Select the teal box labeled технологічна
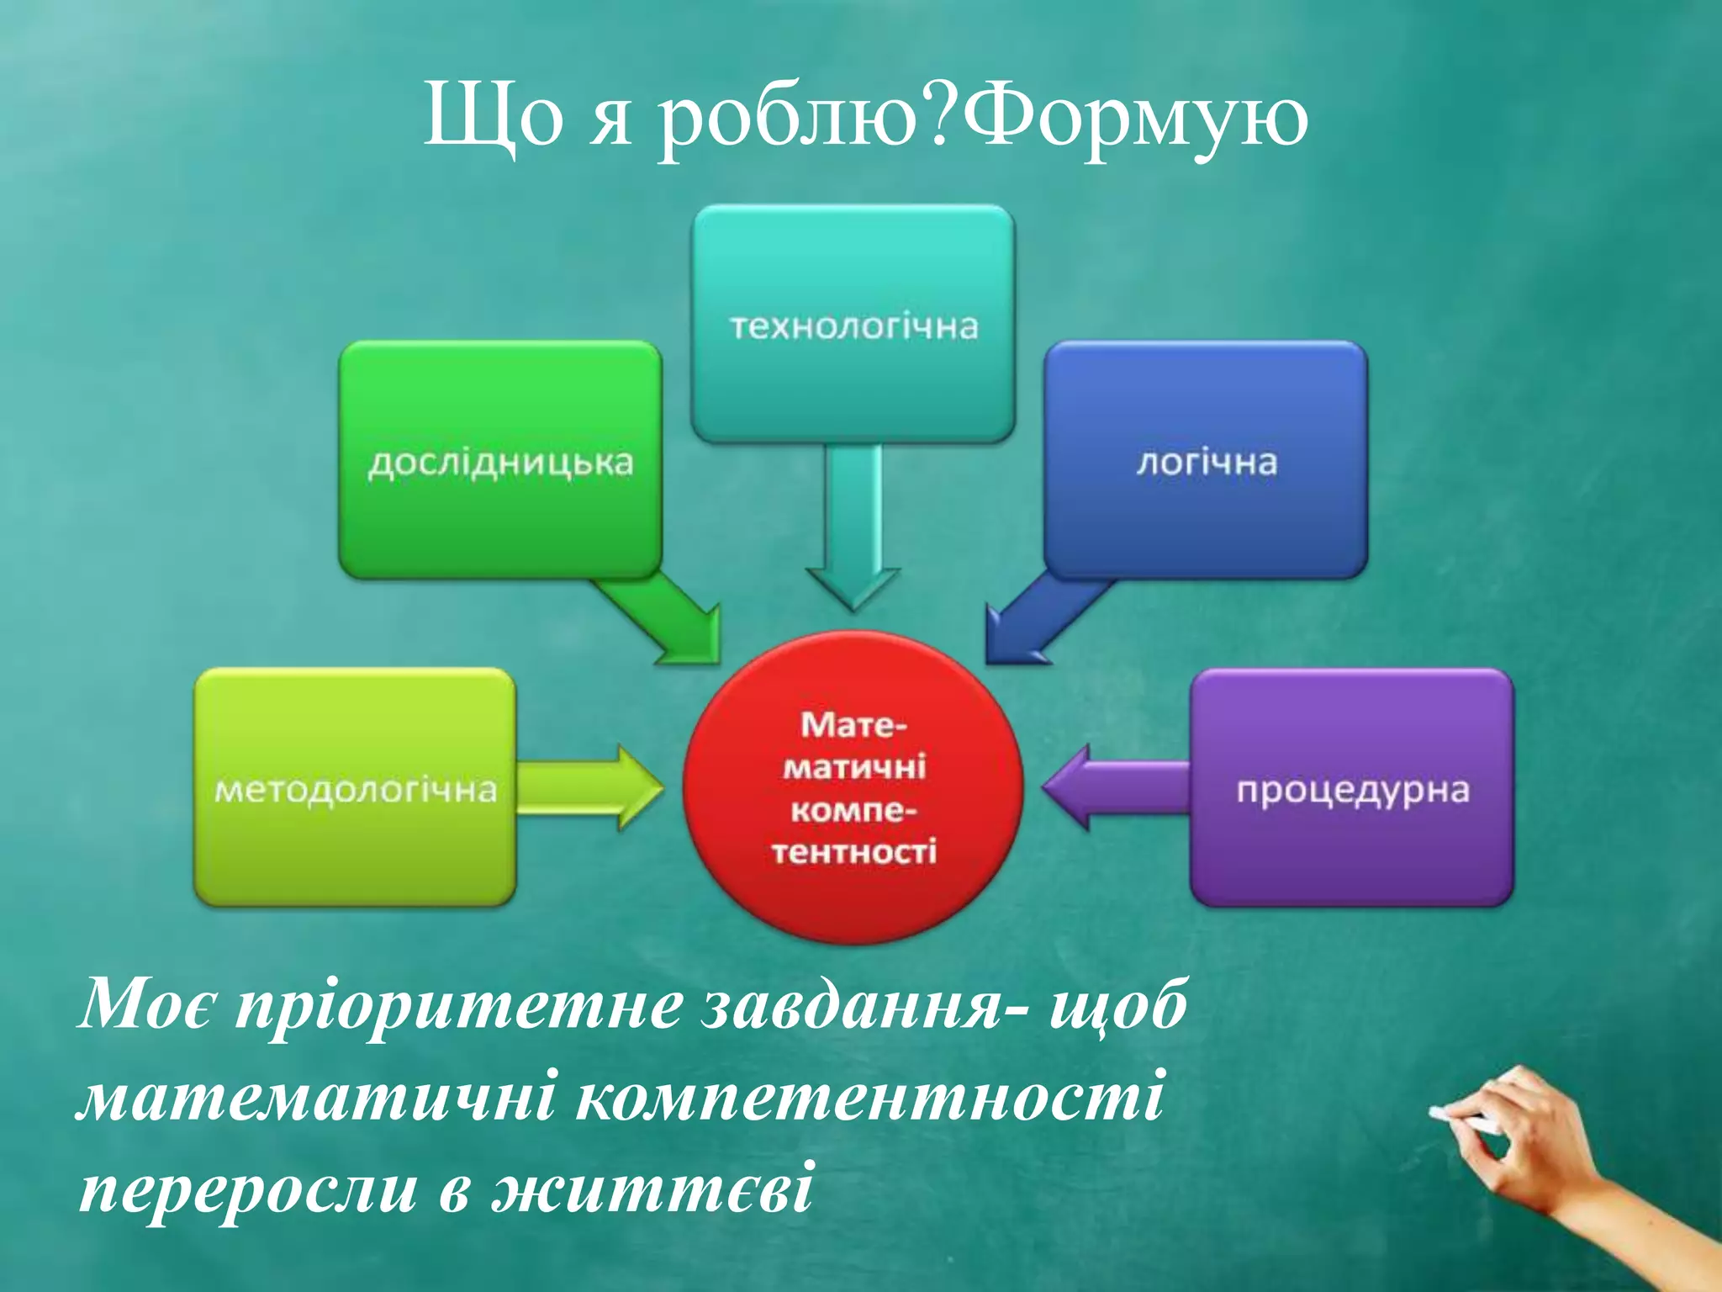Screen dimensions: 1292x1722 click(x=853, y=324)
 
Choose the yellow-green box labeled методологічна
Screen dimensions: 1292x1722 click(x=355, y=787)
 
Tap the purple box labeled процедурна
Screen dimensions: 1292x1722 click(x=1352, y=787)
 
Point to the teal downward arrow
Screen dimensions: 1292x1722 click(x=853, y=530)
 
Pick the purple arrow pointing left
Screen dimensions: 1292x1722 click(x=1110, y=787)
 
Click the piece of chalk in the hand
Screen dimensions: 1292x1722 click(x=1467, y=1120)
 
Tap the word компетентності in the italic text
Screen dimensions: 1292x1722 click(x=870, y=1098)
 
